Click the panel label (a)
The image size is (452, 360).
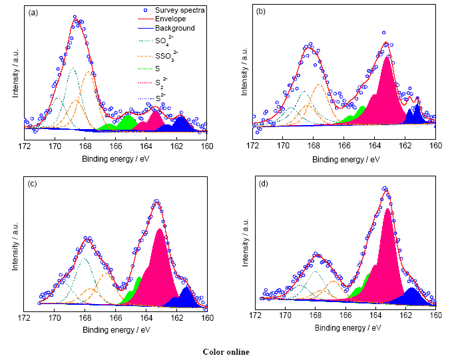tap(32, 11)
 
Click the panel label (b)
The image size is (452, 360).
tap(261, 11)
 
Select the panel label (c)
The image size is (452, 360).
tap(32, 184)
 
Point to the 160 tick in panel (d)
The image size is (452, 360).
tap(435, 315)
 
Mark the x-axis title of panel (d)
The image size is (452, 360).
tap(345, 328)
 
